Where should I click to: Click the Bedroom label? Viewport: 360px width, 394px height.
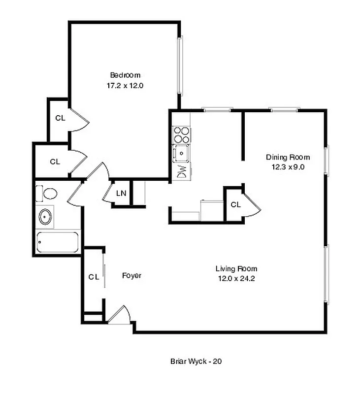(125, 75)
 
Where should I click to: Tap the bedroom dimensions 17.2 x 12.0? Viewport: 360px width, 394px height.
(125, 85)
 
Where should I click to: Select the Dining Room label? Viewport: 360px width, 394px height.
(288, 158)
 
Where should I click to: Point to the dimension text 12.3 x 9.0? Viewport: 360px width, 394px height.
(288, 167)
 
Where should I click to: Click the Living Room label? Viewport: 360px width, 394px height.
(236, 269)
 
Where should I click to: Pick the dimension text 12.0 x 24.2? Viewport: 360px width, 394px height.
(236, 278)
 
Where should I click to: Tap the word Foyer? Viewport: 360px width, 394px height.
(131, 276)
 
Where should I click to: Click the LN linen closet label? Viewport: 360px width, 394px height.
(121, 193)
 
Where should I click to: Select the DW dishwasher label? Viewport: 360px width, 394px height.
(181, 171)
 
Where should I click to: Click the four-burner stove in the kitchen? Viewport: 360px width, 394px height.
(181, 135)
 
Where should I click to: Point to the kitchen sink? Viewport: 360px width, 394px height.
(182, 154)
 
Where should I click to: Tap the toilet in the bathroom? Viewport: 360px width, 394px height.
(50, 194)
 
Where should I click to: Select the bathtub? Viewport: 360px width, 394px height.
(58, 242)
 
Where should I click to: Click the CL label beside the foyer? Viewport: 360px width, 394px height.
(94, 277)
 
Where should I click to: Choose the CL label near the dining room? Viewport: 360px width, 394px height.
(235, 204)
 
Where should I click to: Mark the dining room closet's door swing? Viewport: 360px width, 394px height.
(253, 205)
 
